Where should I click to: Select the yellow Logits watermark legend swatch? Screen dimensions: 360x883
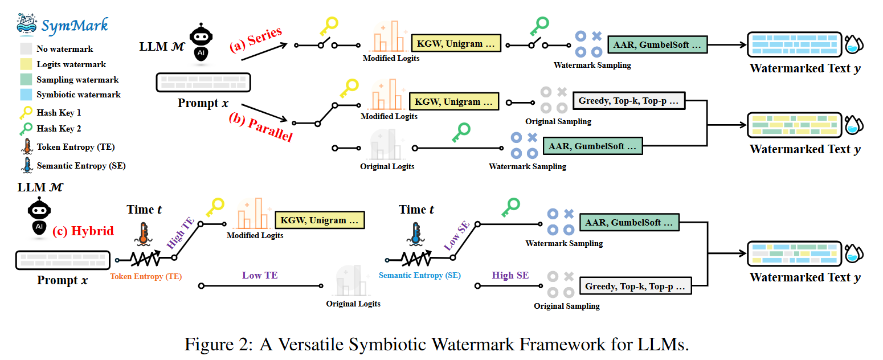pos(26,64)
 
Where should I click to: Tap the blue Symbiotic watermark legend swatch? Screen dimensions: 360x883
pos(26,95)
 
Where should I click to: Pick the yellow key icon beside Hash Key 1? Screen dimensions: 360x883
pos(26,113)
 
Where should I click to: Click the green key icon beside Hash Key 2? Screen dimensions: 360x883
pos(26,129)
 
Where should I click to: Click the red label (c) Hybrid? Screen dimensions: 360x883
pos(83,231)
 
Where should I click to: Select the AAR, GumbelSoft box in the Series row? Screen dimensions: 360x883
pos(657,44)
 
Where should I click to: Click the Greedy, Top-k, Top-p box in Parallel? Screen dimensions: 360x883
pos(629,101)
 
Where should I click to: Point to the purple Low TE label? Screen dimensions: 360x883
pos(260,275)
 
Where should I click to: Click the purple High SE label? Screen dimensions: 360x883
pos(510,275)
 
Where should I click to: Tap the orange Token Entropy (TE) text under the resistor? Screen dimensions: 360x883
pos(146,277)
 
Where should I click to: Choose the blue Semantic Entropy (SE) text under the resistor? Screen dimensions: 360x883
pos(420,276)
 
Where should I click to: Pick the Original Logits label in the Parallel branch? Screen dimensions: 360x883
pos(387,166)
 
